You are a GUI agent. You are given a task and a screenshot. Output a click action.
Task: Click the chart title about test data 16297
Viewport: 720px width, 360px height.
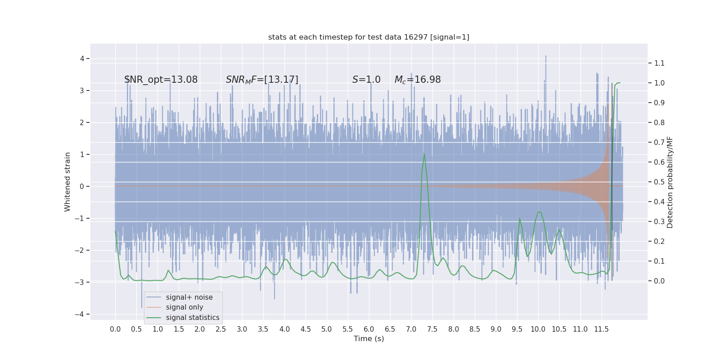click(x=369, y=37)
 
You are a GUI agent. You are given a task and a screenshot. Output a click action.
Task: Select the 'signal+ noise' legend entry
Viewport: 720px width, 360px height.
click(x=189, y=297)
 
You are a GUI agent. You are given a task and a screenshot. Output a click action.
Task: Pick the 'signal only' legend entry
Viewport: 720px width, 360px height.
click(x=184, y=307)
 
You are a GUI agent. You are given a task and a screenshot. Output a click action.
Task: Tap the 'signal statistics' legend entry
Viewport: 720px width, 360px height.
click(x=193, y=318)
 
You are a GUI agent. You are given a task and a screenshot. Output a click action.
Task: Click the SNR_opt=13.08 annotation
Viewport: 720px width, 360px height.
click(x=161, y=80)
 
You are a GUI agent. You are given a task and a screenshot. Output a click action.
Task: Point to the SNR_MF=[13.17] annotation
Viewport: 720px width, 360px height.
click(x=262, y=80)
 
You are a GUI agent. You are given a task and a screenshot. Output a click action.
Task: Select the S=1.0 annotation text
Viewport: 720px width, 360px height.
click(x=366, y=80)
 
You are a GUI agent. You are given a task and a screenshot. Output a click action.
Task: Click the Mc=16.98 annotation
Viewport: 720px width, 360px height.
click(x=418, y=80)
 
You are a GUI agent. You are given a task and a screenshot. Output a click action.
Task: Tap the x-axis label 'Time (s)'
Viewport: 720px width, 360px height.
click(x=369, y=339)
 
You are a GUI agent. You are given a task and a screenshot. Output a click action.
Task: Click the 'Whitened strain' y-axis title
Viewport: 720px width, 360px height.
click(x=67, y=182)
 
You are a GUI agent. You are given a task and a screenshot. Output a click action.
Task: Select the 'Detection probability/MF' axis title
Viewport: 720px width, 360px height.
click(x=670, y=182)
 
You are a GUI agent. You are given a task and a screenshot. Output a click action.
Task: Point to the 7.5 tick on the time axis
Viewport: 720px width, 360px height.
click(x=432, y=329)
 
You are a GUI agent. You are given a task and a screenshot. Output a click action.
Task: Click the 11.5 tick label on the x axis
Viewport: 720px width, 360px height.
click(x=601, y=329)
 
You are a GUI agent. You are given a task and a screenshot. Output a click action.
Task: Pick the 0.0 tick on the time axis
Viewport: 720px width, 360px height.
click(x=115, y=329)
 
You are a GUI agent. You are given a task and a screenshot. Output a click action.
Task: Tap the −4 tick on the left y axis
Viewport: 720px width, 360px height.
click(x=81, y=315)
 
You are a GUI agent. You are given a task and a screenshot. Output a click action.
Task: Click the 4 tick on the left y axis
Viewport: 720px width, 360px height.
click(x=82, y=58)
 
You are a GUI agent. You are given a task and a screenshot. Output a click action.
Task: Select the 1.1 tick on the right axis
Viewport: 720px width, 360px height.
click(x=659, y=63)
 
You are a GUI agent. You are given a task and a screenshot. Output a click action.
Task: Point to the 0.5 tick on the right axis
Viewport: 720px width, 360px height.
click(x=659, y=182)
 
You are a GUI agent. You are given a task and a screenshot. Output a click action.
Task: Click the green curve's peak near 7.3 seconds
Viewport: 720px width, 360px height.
click(x=424, y=154)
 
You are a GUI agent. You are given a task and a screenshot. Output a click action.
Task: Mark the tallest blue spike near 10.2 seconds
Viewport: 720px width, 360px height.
click(x=546, y=56)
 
